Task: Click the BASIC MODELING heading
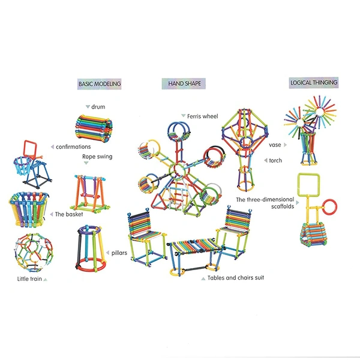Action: coord(100,84)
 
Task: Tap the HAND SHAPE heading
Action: coord(184,83)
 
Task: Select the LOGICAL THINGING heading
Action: coord(314,83)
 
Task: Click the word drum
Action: coord(98,107)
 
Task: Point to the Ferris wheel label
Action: coord(203,116)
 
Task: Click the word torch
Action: coord(275,160)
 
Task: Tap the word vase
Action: coord(275,145)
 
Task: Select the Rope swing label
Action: coord(97,157)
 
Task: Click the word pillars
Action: coord(119,253)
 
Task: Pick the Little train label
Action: coord(29,279)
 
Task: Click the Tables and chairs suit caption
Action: coord(236,278)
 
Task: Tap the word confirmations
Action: coord(73,147)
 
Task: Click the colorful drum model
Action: coord(94,127)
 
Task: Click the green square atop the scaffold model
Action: coord(308,185)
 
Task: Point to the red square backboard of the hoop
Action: coord(31,149)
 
